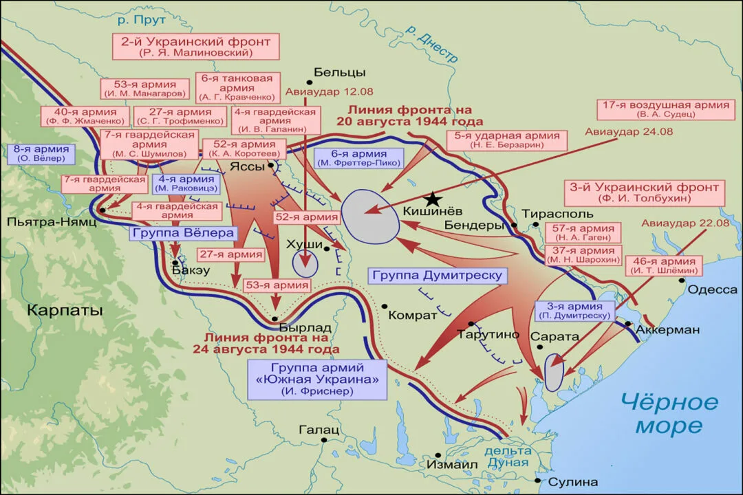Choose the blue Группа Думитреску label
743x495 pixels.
438,276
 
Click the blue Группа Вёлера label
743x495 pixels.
183,233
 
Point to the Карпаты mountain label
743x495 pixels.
65,310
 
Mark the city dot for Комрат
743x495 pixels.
385,306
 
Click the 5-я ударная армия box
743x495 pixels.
509,140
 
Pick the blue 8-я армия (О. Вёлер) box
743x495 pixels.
41,153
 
